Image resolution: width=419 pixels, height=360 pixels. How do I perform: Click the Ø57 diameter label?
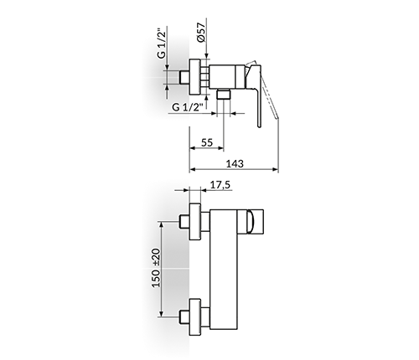click(201, 32)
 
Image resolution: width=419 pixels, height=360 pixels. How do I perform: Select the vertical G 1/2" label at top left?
click(162, 43)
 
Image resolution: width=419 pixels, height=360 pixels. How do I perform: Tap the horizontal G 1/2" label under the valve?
click(188, 107)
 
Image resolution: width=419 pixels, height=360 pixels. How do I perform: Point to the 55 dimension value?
click(207, 142)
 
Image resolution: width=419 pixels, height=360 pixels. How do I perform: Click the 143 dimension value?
click(235, 163)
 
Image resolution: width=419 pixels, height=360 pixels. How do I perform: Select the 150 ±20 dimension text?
click(157, 268)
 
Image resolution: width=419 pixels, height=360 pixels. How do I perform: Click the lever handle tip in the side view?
click(260, 125)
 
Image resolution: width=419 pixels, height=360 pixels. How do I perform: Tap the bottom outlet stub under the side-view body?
click(224, 95)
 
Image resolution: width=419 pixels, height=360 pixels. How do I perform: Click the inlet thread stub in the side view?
click(184, 77)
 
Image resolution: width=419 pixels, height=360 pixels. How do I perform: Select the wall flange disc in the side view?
click(195, 77)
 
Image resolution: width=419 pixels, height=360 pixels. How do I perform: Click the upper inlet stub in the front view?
click(184, 222)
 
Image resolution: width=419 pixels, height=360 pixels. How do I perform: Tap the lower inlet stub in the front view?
click(184, 316)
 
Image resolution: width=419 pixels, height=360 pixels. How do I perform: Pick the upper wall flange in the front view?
click(195, 222)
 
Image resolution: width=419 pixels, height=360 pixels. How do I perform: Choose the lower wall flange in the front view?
click(195, 316)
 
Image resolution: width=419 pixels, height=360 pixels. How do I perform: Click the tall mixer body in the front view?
click(224, 270)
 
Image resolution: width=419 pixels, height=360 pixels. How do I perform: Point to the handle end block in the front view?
click(251, 222)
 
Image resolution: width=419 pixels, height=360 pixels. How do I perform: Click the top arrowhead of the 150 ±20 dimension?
click(161, 224)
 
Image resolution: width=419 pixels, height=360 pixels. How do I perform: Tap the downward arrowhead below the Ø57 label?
click(206, 56)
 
